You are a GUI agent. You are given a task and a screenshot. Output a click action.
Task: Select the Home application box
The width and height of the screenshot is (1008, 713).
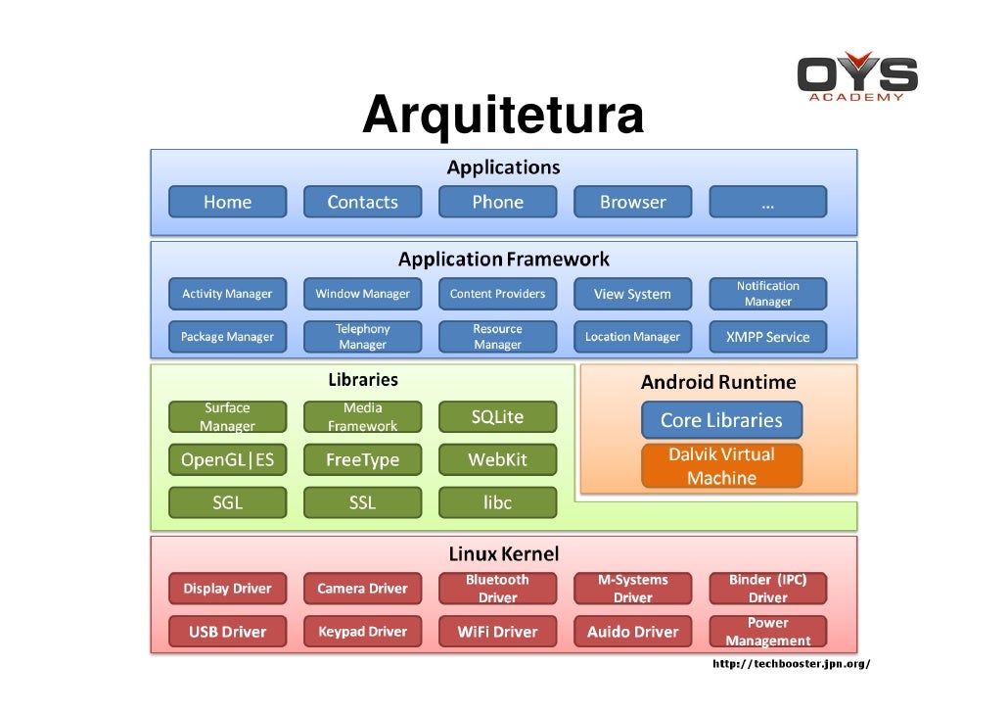(227, 202)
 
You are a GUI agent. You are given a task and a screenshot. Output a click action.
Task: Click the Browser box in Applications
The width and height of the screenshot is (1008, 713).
(632, 202)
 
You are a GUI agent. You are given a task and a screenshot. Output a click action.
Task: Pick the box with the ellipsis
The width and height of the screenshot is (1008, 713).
(767, 202)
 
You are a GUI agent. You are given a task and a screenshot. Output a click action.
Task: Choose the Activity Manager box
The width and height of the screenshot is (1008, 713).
(227, 294)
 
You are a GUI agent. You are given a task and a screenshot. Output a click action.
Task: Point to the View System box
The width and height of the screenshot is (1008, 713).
(632, 294)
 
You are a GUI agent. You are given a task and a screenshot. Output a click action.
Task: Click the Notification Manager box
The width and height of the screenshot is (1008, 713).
(767, 294)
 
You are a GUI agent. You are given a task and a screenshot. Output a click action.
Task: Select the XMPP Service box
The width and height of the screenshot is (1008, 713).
(767, 337)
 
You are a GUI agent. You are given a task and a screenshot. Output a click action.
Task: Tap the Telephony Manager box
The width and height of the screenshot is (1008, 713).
(362, 337)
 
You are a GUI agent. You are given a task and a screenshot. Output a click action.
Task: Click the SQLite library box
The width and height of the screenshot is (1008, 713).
(497, 417)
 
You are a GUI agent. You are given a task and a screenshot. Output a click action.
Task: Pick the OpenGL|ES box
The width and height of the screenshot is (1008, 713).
(227, 459)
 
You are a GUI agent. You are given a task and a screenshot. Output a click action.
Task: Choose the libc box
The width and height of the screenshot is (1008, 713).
(497, 502)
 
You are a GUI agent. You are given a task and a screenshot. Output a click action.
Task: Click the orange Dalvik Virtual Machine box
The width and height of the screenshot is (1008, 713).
(721, 466)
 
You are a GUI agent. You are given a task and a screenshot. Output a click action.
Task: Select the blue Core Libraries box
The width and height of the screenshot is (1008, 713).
(721, 420)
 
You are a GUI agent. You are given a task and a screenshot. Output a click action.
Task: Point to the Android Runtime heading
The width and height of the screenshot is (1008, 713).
(718, 382)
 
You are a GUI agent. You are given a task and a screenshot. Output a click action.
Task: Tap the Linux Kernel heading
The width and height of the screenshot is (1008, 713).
(503, 554)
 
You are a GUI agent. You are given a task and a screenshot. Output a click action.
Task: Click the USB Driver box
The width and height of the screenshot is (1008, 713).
(227, 632)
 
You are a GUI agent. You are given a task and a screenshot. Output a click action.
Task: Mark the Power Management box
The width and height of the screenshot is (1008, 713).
(767, 632)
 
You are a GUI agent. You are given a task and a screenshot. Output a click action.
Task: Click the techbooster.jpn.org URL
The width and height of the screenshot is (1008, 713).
(791, 664)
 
